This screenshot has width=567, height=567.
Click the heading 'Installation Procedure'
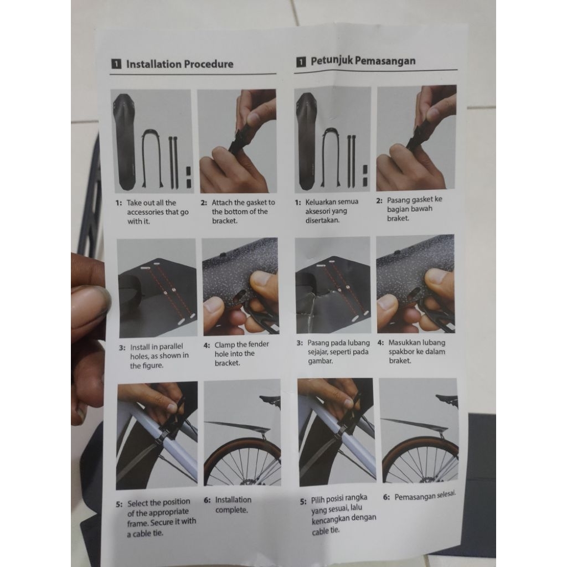[x=180, y=64]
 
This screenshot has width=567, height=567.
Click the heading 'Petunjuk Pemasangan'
[x=363, y=61]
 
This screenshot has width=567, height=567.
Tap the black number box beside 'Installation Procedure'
[x=116, y=64]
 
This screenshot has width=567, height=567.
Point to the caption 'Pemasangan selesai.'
[x=425, y=496]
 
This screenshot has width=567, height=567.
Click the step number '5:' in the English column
[x=120, y=504]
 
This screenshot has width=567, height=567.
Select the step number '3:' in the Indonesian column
[x=300, y=343]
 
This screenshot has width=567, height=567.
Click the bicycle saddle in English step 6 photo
[x=270, y=399]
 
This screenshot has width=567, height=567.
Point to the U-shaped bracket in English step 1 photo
[x=152, y=158]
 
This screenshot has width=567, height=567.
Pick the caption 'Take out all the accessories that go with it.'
[x=158, y=212]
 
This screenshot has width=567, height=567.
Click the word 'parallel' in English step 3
[x=169, y=347]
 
